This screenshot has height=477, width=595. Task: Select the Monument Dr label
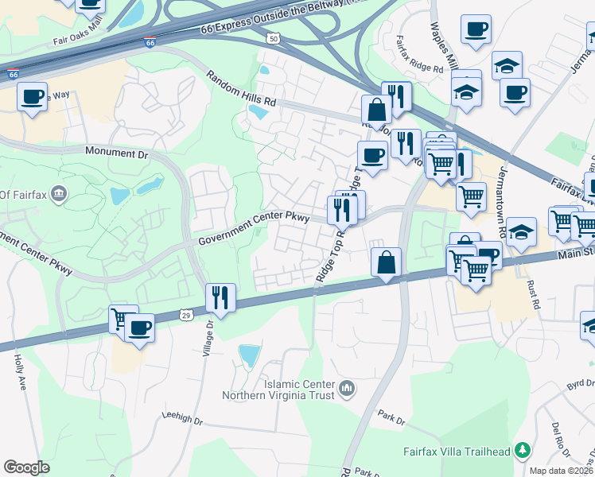click(x=117, y=152)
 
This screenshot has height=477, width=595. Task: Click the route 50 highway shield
click(x=273, y=38)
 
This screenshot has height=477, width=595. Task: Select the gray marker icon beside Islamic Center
click(x=346, y=389)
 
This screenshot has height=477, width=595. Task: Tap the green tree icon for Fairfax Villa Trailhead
click(x=523, y=451)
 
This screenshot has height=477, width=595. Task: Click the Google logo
click(x=26, y=467)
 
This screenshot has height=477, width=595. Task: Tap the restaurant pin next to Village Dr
click(x=220, y=297)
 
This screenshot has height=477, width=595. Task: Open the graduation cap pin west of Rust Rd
click(x=521, y=232)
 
